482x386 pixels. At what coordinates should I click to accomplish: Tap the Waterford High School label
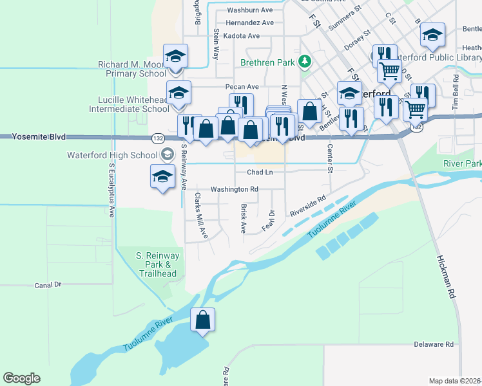pos(112,155)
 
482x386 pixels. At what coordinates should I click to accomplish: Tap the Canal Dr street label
pos(48,284)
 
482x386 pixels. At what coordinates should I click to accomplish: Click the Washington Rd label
pos(234,189)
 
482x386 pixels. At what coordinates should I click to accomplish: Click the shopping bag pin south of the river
pos(203,321)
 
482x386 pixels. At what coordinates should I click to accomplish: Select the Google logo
pos(21,378)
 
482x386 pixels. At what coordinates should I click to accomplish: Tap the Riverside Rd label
pos(308,206)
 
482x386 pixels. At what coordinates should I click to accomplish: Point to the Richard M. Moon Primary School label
pos(132,69)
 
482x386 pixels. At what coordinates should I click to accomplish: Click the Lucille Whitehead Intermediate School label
pos(133,104)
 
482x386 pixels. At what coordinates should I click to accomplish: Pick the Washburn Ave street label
pos(250,10)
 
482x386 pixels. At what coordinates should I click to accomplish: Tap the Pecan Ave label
pos(241,87)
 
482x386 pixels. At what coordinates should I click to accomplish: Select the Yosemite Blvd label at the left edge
pos(33,136)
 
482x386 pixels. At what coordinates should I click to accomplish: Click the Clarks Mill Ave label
pos(201,215)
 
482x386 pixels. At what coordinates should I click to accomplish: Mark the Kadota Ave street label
pos(241,35)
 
